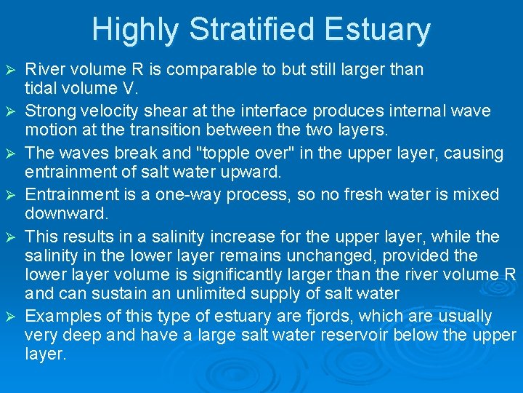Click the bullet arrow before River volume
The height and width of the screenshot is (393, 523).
tap(9, 70)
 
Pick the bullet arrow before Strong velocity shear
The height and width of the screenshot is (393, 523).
tap(9, 111)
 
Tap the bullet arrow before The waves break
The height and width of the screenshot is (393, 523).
tap(9, 154)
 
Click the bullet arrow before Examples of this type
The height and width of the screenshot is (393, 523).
tap(9, 317)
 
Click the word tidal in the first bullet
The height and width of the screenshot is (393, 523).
tap(40, 89)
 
